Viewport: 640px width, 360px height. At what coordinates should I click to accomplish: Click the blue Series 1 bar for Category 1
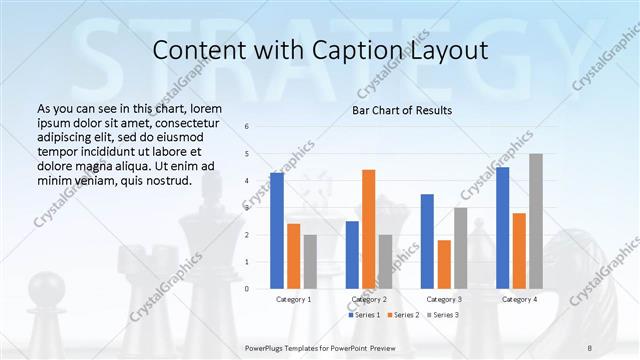click(x=277, y=230)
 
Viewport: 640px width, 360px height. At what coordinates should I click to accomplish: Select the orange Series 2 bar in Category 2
click(x=369, y=229)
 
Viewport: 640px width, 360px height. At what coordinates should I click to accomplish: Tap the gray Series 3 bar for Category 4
click(x=536, y=221)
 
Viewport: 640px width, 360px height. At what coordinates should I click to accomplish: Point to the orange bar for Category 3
click(x=444, y=264)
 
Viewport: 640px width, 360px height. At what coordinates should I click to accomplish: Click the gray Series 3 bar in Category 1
click(x=310, y=261)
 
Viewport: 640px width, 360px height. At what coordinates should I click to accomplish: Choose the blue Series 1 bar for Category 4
click(x=502, y=227)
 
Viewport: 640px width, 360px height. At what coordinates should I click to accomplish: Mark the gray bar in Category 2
click(x=386, y=261)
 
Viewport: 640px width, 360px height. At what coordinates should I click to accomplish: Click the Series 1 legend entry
click(x=363, y=315)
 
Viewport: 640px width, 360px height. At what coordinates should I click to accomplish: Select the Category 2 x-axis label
click(x=368, y=299)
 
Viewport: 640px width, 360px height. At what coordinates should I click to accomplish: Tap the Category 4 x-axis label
click(x=519, y=299)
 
